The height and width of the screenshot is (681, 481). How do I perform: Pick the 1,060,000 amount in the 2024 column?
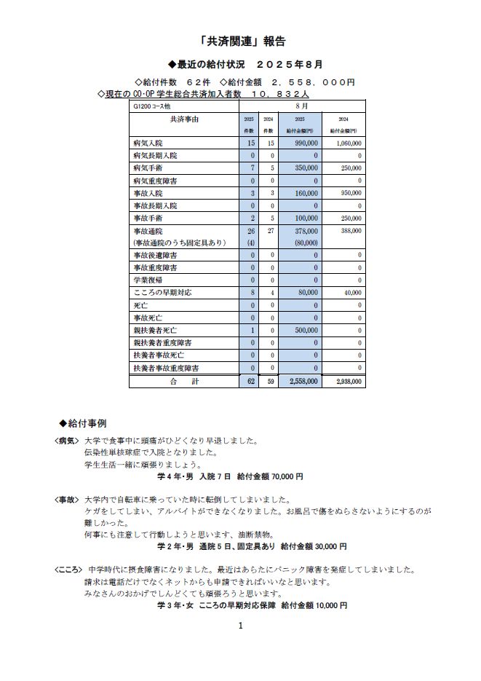point(349,143)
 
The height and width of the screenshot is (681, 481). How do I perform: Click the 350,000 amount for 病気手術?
point(304,168)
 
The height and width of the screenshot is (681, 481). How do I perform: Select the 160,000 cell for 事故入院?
point(304,193)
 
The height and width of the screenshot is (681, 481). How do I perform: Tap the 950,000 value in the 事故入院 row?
point(349,193)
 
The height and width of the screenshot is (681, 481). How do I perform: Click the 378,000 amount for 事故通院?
point(304,231)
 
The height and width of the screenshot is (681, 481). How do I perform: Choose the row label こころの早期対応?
point(160,292)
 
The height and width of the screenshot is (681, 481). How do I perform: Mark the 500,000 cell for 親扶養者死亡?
point(304,330)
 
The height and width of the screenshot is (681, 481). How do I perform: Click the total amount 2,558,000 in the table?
point(303,381)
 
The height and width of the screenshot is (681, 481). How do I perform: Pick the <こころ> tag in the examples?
point(69,570)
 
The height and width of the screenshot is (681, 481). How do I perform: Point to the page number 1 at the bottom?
point(240,625)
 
